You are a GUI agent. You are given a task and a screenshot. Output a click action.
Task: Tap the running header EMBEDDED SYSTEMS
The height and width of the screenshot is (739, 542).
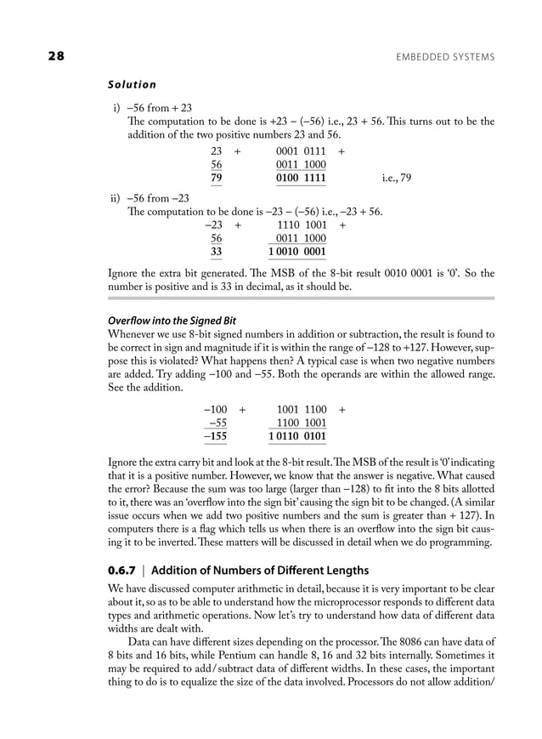coord(445,57)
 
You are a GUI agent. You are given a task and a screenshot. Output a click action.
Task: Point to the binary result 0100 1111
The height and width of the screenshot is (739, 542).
coord(301,179)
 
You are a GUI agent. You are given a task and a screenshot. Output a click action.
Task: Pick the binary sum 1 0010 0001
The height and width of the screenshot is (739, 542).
coord(296,253)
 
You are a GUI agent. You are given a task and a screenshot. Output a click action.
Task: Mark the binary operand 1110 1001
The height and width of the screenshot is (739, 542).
coord(302,225)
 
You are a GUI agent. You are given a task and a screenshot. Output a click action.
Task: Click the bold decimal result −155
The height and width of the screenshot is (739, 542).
coord(216,437)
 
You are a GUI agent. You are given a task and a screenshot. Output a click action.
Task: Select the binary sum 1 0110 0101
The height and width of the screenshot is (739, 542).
coord(296,437)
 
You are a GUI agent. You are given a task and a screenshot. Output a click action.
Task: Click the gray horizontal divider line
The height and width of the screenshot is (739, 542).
coord(302,298)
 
